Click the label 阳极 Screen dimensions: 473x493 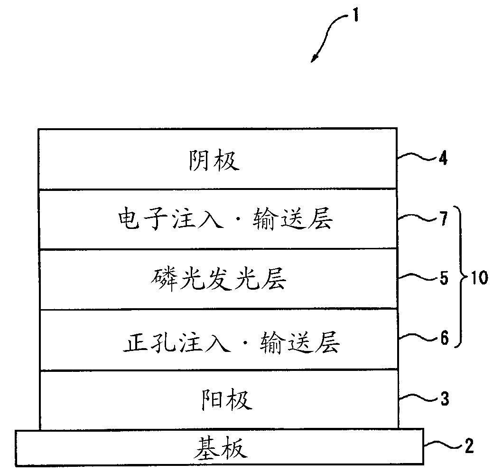224,400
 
